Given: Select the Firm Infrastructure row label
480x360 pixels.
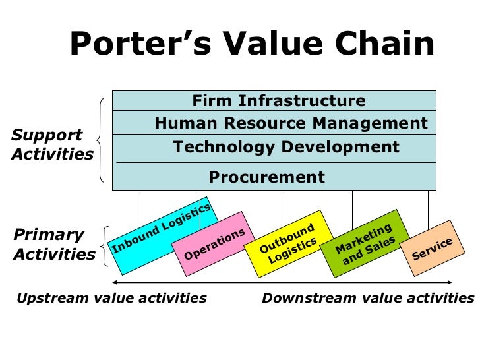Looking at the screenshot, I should (x=278, y=101).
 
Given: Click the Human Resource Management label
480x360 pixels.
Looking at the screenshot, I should (x=291, y=123).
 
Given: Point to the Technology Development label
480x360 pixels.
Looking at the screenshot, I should (x=285, y=147).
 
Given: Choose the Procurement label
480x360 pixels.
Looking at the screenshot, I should (x=266, y=177).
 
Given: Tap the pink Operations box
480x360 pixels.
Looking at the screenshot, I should (x=214, y=244).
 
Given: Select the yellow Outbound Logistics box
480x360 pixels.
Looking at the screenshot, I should (x=287, y=243).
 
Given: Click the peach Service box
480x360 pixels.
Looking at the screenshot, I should (x=433, y=247).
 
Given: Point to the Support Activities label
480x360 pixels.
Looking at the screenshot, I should (x=51, y=145).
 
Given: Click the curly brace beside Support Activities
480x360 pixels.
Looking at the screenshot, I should (x=101, y=140).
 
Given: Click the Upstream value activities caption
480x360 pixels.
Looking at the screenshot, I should (x=111, y=298).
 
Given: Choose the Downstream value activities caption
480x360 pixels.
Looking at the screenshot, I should (x=368, y=298).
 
